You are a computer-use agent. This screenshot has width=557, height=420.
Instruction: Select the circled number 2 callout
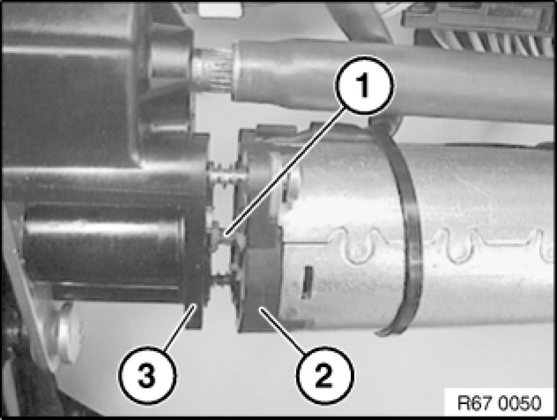pyautogui.click(x=323, y=375)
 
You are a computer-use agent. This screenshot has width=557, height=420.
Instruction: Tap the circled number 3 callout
pyautogui.click(x=146, y=375)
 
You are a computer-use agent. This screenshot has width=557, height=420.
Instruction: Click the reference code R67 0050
pyautogui.click(x=500, y=403)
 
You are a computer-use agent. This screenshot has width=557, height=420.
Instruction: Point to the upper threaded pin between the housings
pyautogui.click(x=225, y=175)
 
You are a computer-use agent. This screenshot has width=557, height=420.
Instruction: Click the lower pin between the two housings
pyautogui.click(x=222, y=278)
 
